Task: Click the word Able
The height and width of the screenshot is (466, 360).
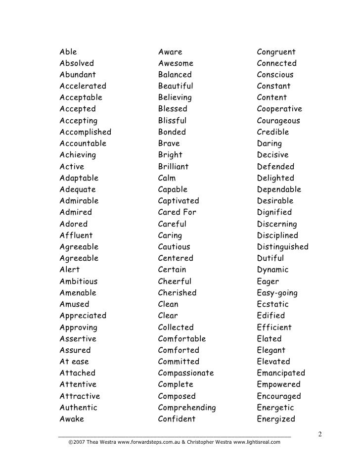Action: click(68, 52)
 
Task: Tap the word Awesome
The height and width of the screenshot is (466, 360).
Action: click(176, 63)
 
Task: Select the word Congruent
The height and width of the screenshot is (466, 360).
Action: click(276, 52)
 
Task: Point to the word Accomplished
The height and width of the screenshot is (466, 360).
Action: click(85, 132)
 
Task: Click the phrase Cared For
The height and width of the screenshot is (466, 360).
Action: click(177, 212)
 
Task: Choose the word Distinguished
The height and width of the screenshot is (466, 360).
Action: click(282, 247)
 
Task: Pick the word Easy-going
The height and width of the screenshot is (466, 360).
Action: click(277, 293)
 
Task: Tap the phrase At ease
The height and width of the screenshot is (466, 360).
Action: click(74, 362)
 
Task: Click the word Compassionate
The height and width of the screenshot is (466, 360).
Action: click(186, 373)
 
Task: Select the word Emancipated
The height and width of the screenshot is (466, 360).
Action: click(281, 373)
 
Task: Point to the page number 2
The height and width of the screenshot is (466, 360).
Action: click(320, 434)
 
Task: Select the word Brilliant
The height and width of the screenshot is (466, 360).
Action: click(173, 167)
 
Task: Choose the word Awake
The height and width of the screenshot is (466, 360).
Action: click(72, 419)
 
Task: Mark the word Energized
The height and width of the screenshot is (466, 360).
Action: click(276, 419)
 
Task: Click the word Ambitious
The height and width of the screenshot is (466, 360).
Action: click(79, 281)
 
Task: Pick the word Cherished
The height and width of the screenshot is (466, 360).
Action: click(177, 293)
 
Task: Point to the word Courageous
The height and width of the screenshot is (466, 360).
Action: click(278, 121)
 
